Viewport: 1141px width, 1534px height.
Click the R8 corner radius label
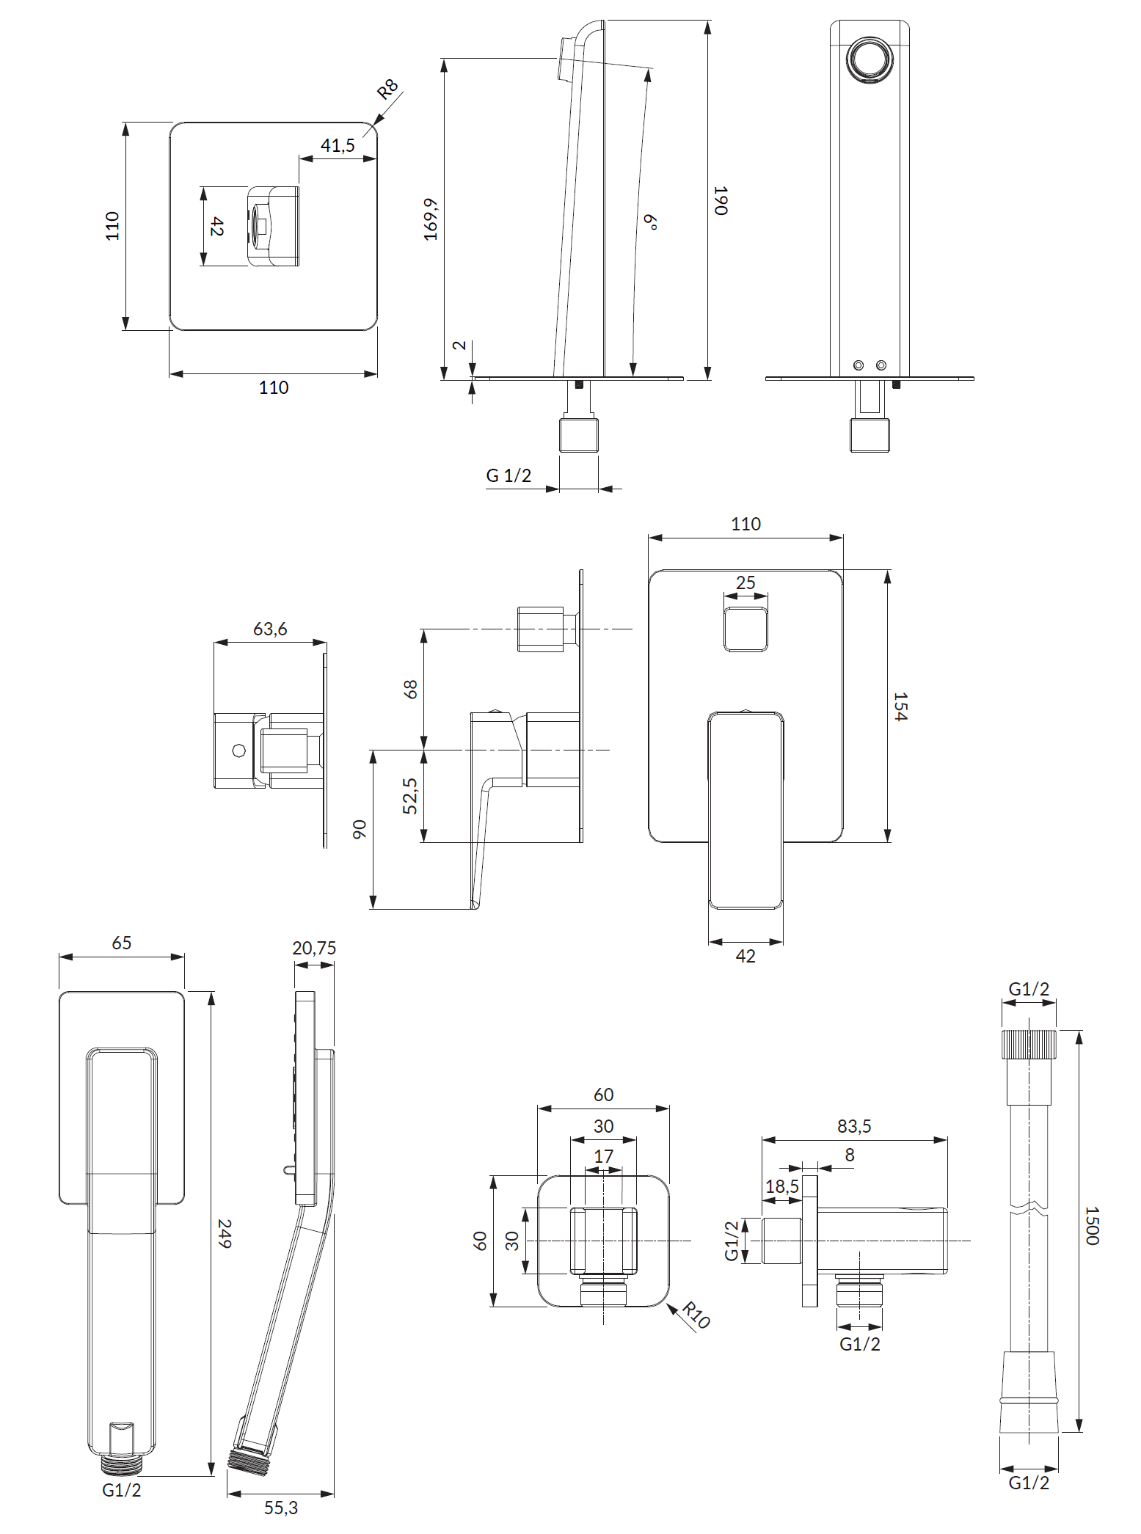[x=387, y=89]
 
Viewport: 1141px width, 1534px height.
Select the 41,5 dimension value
[x=338, y=145]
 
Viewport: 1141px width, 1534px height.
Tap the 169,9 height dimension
[x=431, y=219]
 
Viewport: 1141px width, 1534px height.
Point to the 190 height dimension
[x=721, y=200]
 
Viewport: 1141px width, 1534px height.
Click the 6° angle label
[x=650, y=222]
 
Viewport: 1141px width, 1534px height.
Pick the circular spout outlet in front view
[x=870, y=59]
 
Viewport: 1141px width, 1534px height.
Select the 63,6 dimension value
[x=270, y=629]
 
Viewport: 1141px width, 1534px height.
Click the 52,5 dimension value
[x=410, y=796]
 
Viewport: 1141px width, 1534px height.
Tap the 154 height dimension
[x=900, y=706]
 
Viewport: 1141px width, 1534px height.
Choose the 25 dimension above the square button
[x=746, y=582]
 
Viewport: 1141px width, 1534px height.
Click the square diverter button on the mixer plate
[x=746, y=629]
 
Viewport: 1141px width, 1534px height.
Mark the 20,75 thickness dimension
[x=314, y=948]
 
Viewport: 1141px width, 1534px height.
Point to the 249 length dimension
[x=225, y=1234]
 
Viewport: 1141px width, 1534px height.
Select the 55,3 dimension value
[x=281, y=1508]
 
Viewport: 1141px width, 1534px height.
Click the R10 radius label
[x=696, y=1315]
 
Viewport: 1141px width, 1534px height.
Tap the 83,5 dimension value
[x=854, y=1126]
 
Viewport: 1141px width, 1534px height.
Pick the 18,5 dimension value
[x=782, y=1186]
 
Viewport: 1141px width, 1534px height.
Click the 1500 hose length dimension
[x=1092, y=1225]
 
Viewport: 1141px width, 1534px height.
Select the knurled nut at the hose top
[x=1029, y=1044]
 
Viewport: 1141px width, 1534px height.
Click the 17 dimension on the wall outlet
[x=603, y=1156]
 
